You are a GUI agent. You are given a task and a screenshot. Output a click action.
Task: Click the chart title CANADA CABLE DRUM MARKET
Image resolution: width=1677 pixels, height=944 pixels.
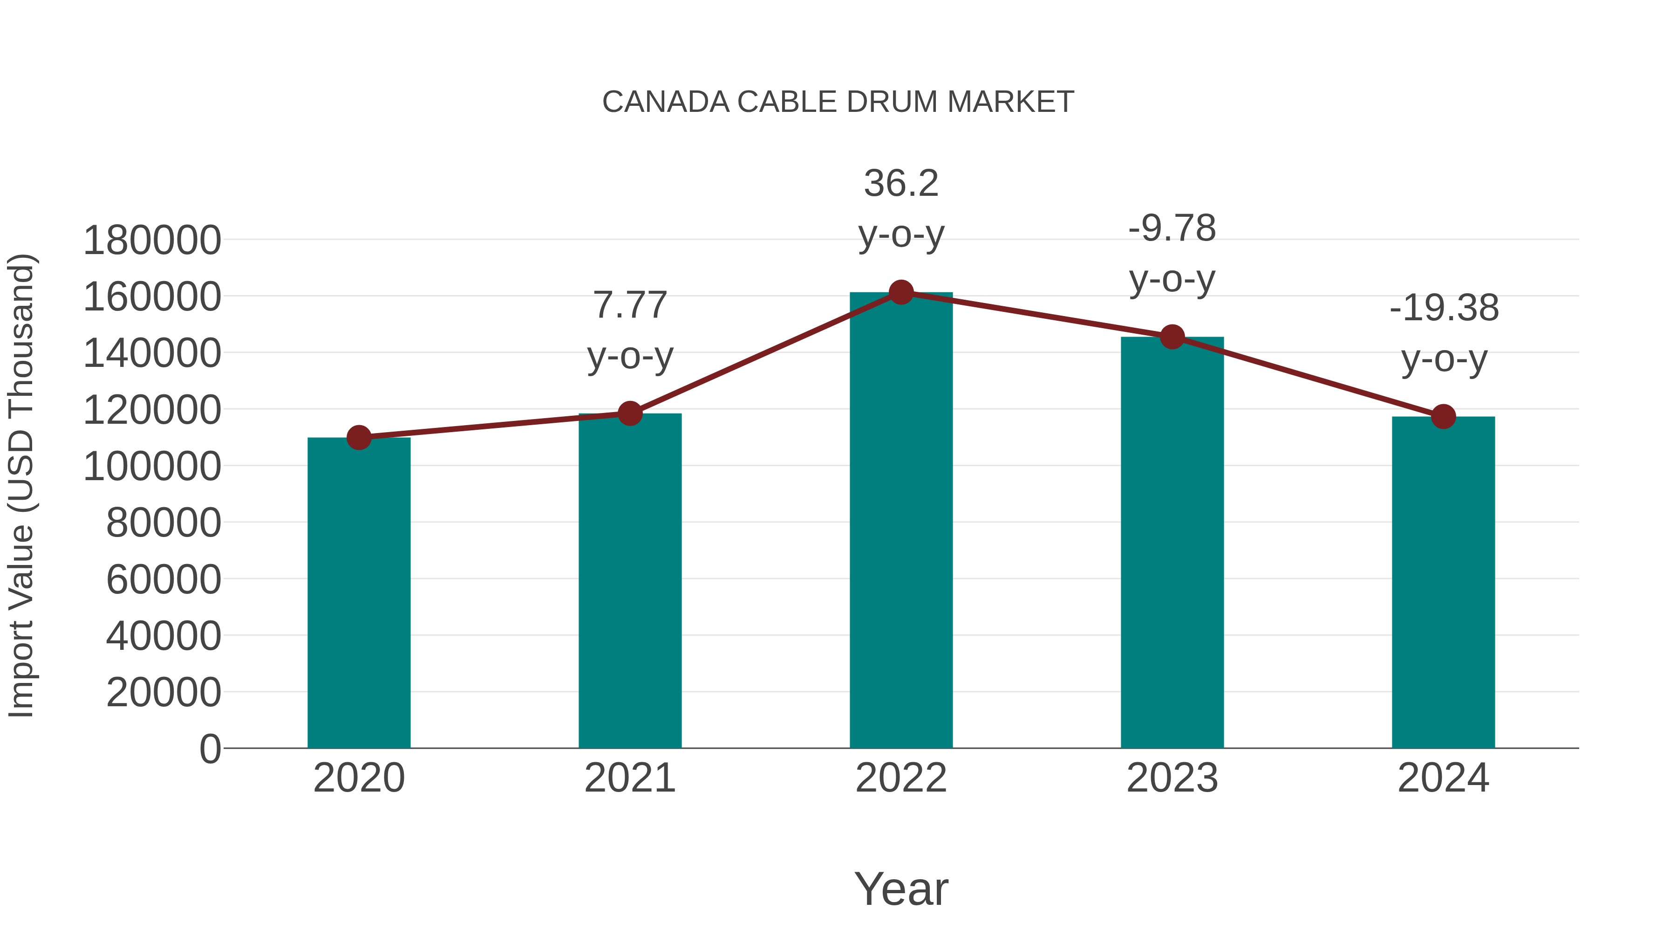click(838, 102)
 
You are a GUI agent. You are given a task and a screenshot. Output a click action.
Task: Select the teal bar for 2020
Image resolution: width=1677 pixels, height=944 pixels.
click(359, 593)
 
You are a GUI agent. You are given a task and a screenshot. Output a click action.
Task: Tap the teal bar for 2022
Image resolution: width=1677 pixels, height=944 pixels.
click(901, 521)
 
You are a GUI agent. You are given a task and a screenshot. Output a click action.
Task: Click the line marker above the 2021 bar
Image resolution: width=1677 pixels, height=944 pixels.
click(629, 413)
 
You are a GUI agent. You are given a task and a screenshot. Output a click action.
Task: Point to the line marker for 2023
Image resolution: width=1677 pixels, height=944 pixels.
click(1172, 337)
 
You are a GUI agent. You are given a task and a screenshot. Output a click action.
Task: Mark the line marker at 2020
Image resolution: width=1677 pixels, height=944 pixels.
click(359, 438)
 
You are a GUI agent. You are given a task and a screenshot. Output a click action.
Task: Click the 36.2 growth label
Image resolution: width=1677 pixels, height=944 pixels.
click(901, 183)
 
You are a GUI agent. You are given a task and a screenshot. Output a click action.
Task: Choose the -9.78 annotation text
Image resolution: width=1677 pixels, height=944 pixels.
click(1172, 229)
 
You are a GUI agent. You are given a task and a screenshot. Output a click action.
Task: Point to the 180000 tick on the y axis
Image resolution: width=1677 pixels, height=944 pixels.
click(152, 241)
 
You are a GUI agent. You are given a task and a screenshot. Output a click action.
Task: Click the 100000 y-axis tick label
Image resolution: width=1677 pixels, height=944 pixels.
click(152, 467)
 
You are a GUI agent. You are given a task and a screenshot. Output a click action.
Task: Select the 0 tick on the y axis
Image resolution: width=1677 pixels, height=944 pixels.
click(210, 749)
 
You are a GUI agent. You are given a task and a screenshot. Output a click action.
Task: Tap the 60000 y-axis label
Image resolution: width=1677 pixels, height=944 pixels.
click(164, 579)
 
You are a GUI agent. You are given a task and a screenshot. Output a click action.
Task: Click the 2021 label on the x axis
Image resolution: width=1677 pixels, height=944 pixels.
click(629, 778)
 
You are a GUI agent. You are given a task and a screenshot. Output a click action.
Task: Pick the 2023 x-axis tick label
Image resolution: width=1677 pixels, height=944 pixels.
click(1172, 778)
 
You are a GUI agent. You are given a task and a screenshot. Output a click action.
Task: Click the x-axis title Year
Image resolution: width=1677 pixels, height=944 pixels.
click(901, 889)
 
